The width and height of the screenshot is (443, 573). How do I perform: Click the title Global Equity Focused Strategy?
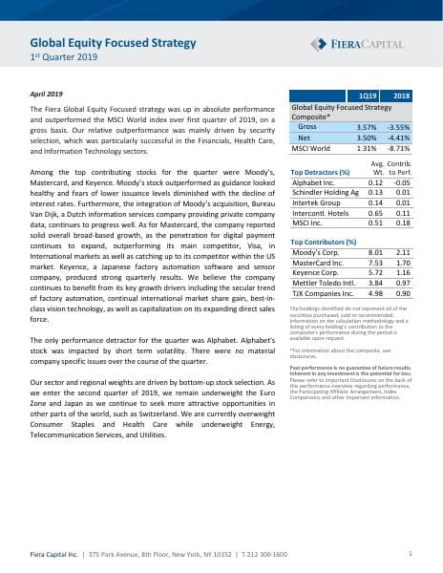click(113, 43)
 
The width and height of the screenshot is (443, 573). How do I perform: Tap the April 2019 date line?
click(48, 95)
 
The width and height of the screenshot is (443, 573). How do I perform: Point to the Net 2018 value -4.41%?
click(399, 138)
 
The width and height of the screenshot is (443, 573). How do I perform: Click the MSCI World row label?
click(311, 149)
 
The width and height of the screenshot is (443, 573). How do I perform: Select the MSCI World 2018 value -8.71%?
click(399, 149)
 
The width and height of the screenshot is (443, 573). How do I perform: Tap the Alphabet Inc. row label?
click(312, 181)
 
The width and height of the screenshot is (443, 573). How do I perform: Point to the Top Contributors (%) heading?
click(325, 243)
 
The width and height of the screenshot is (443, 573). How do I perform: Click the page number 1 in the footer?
click(410, 553)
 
